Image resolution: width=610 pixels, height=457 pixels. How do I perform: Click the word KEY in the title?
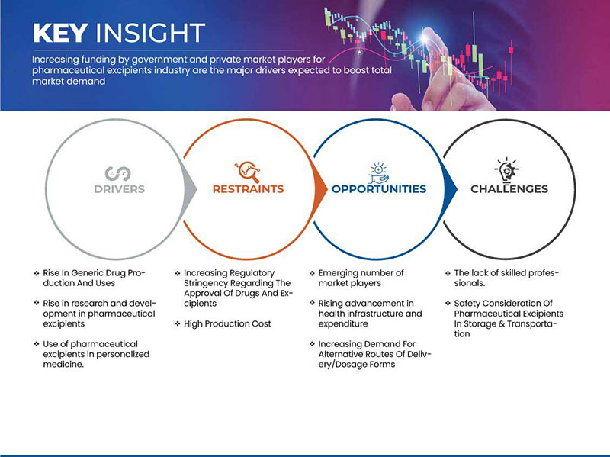[x=60, y=33]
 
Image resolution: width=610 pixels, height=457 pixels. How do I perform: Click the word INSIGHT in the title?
[x=150, y=33]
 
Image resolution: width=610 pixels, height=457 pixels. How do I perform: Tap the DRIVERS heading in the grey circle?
[x=120, y=189]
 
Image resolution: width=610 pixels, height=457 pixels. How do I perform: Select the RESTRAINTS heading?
[x=249, y=189]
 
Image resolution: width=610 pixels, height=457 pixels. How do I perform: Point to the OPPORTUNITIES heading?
[x=379, y=189]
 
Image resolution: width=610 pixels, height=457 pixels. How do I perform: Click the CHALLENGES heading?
[x=509, y=189]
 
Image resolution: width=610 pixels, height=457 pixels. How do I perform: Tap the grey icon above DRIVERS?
[x=118, y=174]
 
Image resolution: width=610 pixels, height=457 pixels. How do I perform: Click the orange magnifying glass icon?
[x=247, y=172]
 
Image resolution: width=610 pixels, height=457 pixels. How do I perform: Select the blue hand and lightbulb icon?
[x=378, y=173]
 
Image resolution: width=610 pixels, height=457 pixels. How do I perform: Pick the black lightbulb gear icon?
[x=506, y=169]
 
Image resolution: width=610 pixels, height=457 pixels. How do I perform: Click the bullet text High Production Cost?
[x=227, y=324]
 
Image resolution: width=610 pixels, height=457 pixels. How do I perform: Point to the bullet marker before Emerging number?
[x=312, y=273]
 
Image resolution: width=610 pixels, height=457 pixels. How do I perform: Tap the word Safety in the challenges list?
[x=467, y=304]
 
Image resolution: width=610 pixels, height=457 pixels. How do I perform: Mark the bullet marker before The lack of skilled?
[x=448, y=273]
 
